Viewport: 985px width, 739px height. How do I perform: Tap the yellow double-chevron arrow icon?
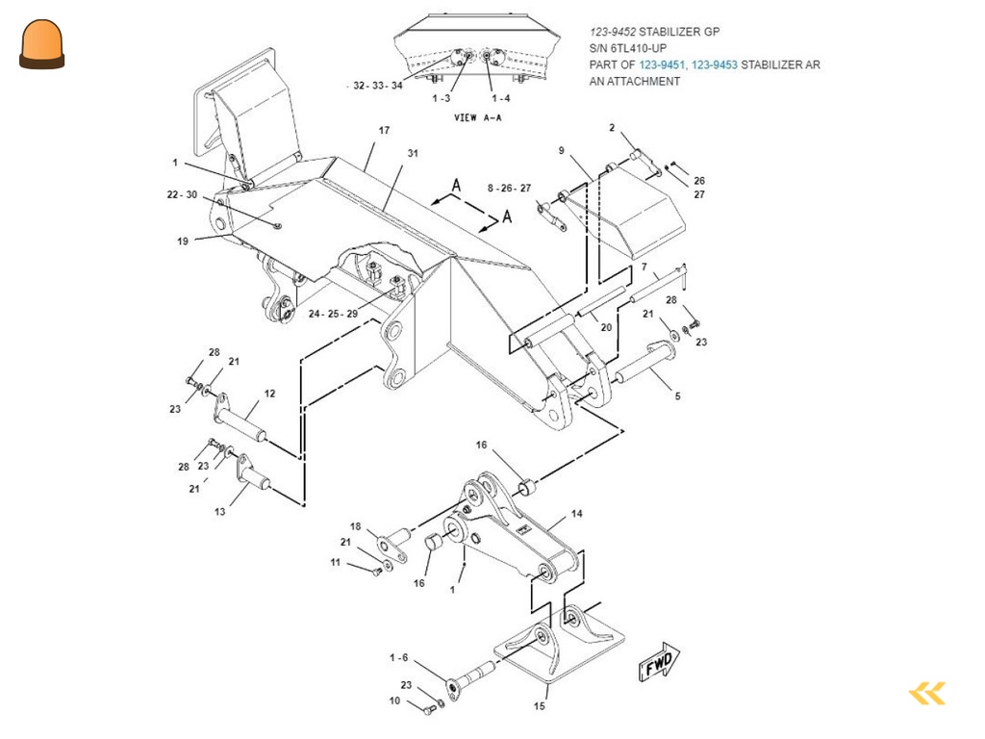[x=927, y=693]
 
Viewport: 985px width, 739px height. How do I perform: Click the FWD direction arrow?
[x=659, y=662]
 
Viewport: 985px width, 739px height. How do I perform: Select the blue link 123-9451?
[x=662, y=64]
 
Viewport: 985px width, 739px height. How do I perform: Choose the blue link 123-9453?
[x=715, y=64]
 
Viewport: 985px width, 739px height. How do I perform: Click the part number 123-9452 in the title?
[x=613, y=32]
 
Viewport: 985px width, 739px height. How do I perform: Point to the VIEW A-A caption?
[x=477, y=117]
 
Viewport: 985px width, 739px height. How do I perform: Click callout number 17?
[x=384, y=130]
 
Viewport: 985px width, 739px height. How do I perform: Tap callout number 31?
[x=413, y=153]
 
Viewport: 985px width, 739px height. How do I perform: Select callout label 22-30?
[x=182, y=194]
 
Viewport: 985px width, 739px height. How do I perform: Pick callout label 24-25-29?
[x=333, y=314]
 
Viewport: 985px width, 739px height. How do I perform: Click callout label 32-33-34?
[x=377, y=86]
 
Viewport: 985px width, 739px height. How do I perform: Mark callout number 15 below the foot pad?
[x=539, y=706]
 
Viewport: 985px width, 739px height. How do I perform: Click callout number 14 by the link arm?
[x=576, y=514]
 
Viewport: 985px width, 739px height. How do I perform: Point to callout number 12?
[x=269, y=394]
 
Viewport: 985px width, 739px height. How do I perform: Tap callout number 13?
[x=220, y=512]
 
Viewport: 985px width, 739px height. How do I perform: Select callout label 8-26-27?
[x=509, y=188]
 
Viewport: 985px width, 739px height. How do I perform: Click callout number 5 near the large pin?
[x=677, y=395]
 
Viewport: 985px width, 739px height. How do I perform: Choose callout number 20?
[x=606, y=327]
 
